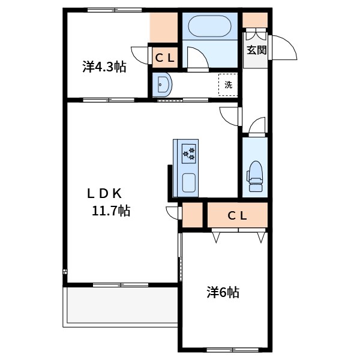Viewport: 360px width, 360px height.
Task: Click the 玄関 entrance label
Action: [257, 50]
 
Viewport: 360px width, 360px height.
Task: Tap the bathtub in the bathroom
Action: [209, 26]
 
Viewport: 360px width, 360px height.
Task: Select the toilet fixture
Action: [255, 176]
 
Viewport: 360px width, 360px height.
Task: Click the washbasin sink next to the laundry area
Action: [163, 84]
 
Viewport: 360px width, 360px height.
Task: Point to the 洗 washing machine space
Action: [228, 85]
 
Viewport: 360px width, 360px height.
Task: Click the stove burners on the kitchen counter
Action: [189, 154]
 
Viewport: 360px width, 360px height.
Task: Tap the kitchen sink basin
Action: [189, 183]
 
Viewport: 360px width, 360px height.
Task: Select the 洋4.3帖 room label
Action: [104, 67]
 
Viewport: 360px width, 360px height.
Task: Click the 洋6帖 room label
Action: [223, 292]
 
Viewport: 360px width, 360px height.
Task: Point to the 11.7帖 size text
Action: [111, 211]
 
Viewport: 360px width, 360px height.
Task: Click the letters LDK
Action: [104, 193]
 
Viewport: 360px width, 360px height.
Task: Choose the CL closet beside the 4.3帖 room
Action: [165, 58]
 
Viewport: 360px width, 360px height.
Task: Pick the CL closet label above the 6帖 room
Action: [238, 215]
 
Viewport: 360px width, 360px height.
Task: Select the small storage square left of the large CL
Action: [193, 215]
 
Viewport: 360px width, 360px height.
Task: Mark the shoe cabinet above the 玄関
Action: [255, 20]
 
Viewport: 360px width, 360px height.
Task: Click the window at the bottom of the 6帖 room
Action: [232, 350]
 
